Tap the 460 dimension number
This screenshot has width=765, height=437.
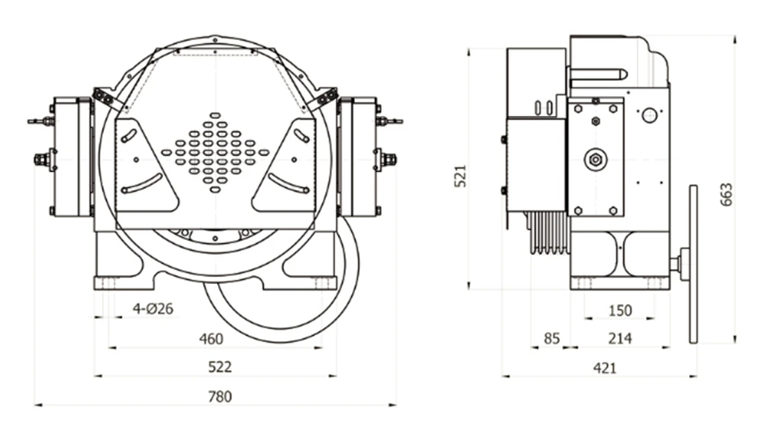[x=211, y=339]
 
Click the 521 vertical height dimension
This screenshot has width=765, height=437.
[x=461, y=175]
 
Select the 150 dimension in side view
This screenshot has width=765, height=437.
[x=619, y=310]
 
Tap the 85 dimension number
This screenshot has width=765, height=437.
[x=551, y=339]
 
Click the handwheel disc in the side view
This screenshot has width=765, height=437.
[x=694, y=264]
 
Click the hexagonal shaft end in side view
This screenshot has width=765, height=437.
[x=595, y=158]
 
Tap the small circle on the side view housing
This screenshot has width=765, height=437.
[x=649, y=115]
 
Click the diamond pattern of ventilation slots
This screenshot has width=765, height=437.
[x=215, y=152]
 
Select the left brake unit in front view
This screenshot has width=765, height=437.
[x=71, y=158]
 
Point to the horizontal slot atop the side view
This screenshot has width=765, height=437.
[x=599, y=74]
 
